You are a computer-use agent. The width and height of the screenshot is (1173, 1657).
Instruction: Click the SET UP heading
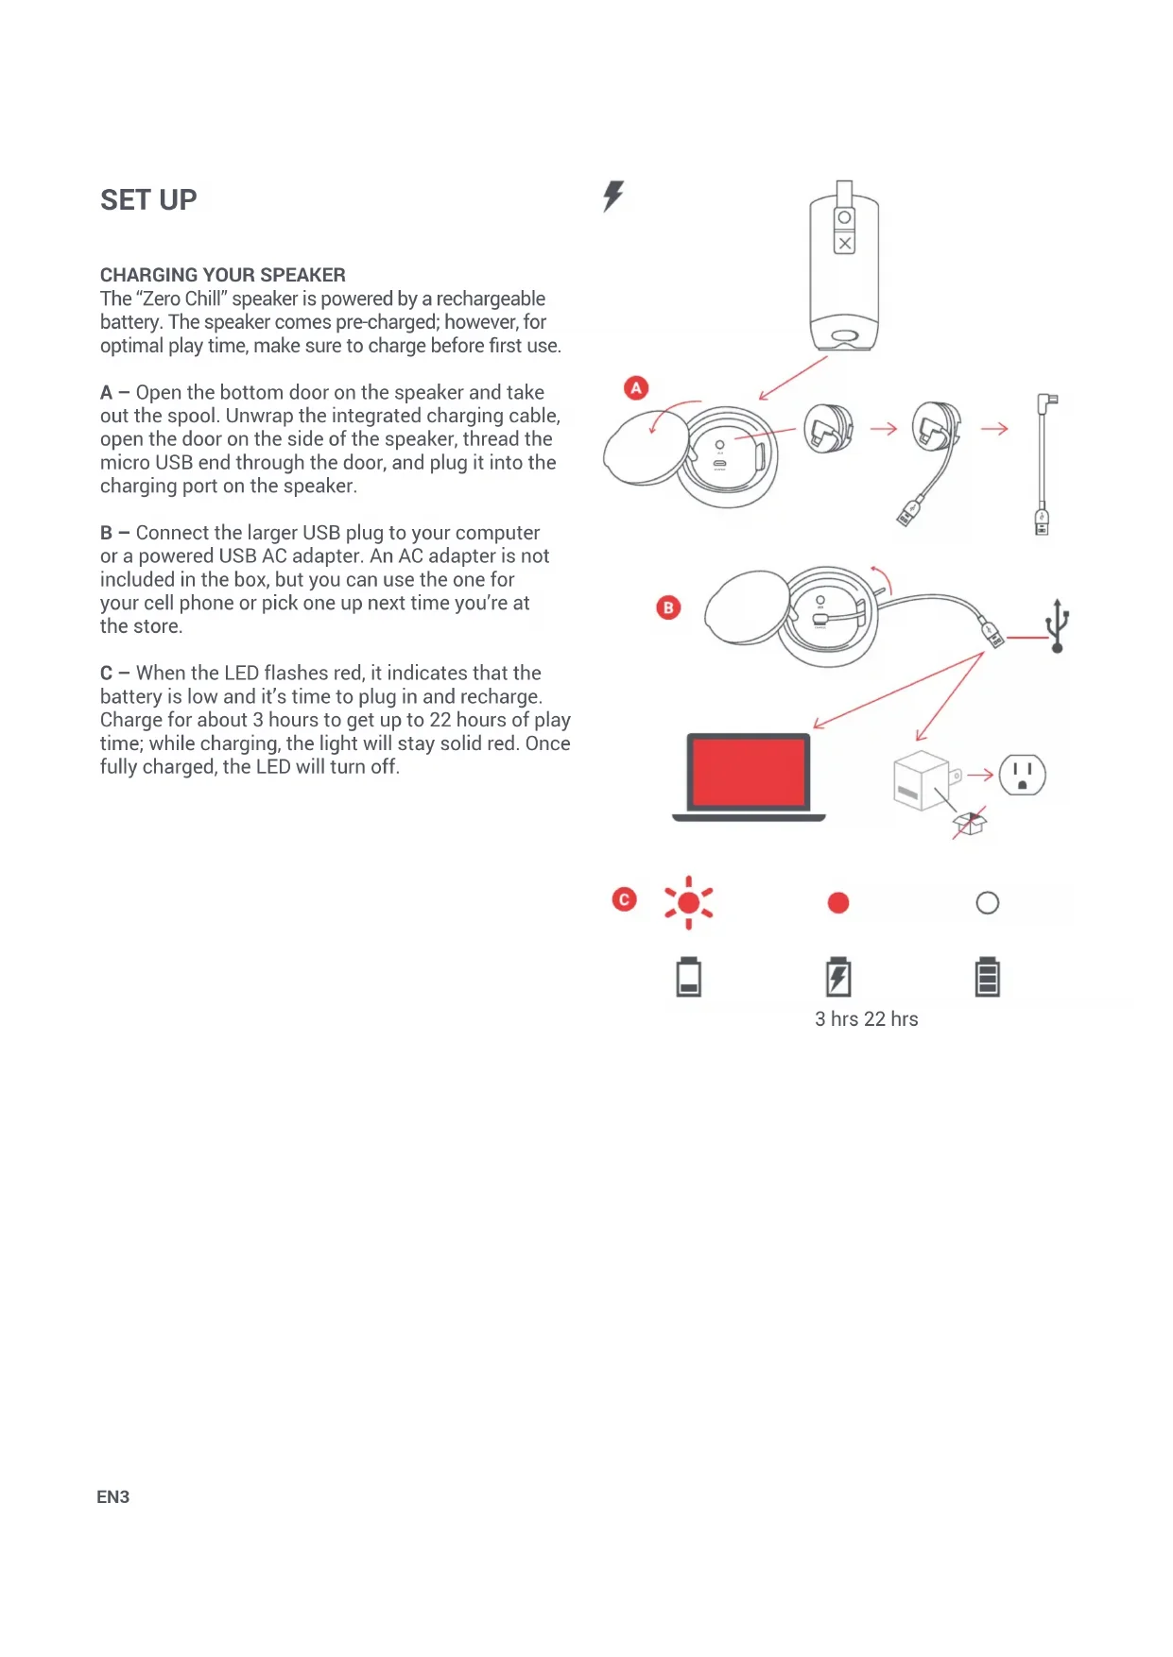pyautogui.click(x=148, y=200)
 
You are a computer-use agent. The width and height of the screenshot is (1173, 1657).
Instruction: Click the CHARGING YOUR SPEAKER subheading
pyautogui.click(x=223, y=275)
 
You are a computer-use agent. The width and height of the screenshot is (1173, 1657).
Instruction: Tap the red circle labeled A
pyautogui.click(x=636, y=387)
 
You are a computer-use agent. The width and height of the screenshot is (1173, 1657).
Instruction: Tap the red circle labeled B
pyautogui.click(x=668, y=607)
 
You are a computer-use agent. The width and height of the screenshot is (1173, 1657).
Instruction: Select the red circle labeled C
pyautogui.click(x=624, y=899)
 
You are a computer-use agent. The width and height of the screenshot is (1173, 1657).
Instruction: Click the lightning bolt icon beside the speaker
pyautogui.click(x=613, y=196)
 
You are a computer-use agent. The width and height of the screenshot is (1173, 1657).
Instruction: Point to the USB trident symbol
pyautogui.click(x=1058, y=624)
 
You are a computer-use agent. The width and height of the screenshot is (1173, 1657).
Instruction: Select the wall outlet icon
pyautogui.click(x=1022, y=775)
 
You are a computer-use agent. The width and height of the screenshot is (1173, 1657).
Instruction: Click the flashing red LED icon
pyautogui.click(x=689, y=902)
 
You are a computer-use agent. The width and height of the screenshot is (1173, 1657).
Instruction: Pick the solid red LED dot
pyautogui.click(x=838, y=903)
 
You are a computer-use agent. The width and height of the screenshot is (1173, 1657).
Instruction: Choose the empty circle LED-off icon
pyautogui.click(x=987, y=903)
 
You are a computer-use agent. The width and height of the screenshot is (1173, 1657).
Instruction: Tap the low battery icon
pyautogui.click(x=689, y=977)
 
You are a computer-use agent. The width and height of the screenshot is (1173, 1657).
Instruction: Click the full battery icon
pyautogui.click(x=987, y=977)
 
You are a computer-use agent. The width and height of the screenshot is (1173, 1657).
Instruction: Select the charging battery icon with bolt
pyautogui.click(x=838, y=977)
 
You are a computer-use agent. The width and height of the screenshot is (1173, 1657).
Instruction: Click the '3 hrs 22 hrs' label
pyautogui.click(x=866, y=1019)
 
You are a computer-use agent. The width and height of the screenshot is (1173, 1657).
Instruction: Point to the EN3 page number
pyautogui.click(x=112, y=1496)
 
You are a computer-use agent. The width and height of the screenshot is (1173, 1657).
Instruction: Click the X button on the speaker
pyautogui.click(x=845, y=244)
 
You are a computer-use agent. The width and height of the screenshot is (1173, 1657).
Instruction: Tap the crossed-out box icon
pyautogui.click(x=969, y=823)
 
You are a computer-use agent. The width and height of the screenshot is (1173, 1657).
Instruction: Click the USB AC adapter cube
pyautogui.click(x=921, y=780)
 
